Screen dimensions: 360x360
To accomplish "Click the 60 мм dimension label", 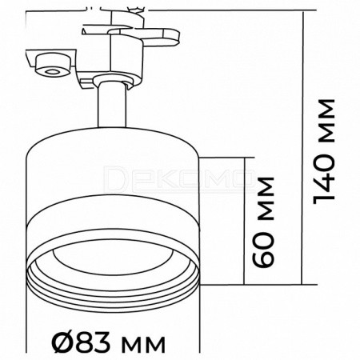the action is [x=263, y=222].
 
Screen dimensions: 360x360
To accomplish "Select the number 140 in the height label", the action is [x=324, y=178].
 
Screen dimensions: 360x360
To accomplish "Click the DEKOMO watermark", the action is [x=179, y=179].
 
